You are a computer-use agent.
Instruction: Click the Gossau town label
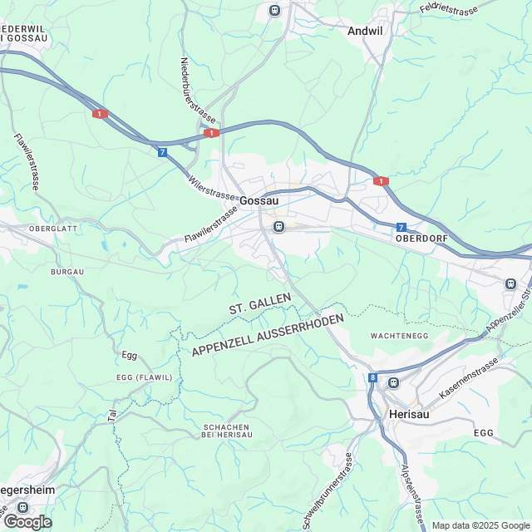259,200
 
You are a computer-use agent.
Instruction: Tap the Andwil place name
365,31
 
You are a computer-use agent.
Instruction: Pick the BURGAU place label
67,272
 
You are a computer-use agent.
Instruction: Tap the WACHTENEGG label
400,335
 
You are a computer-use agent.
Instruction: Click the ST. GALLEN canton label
260,303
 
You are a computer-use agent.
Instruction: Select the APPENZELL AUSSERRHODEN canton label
268,337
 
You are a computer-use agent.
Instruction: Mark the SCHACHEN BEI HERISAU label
227,431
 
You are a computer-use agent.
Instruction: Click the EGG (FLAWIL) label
144,377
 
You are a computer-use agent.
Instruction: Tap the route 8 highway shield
372,378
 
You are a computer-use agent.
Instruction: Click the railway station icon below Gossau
279,226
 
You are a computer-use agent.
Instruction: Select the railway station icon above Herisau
393,382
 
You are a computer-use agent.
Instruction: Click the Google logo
27,521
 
